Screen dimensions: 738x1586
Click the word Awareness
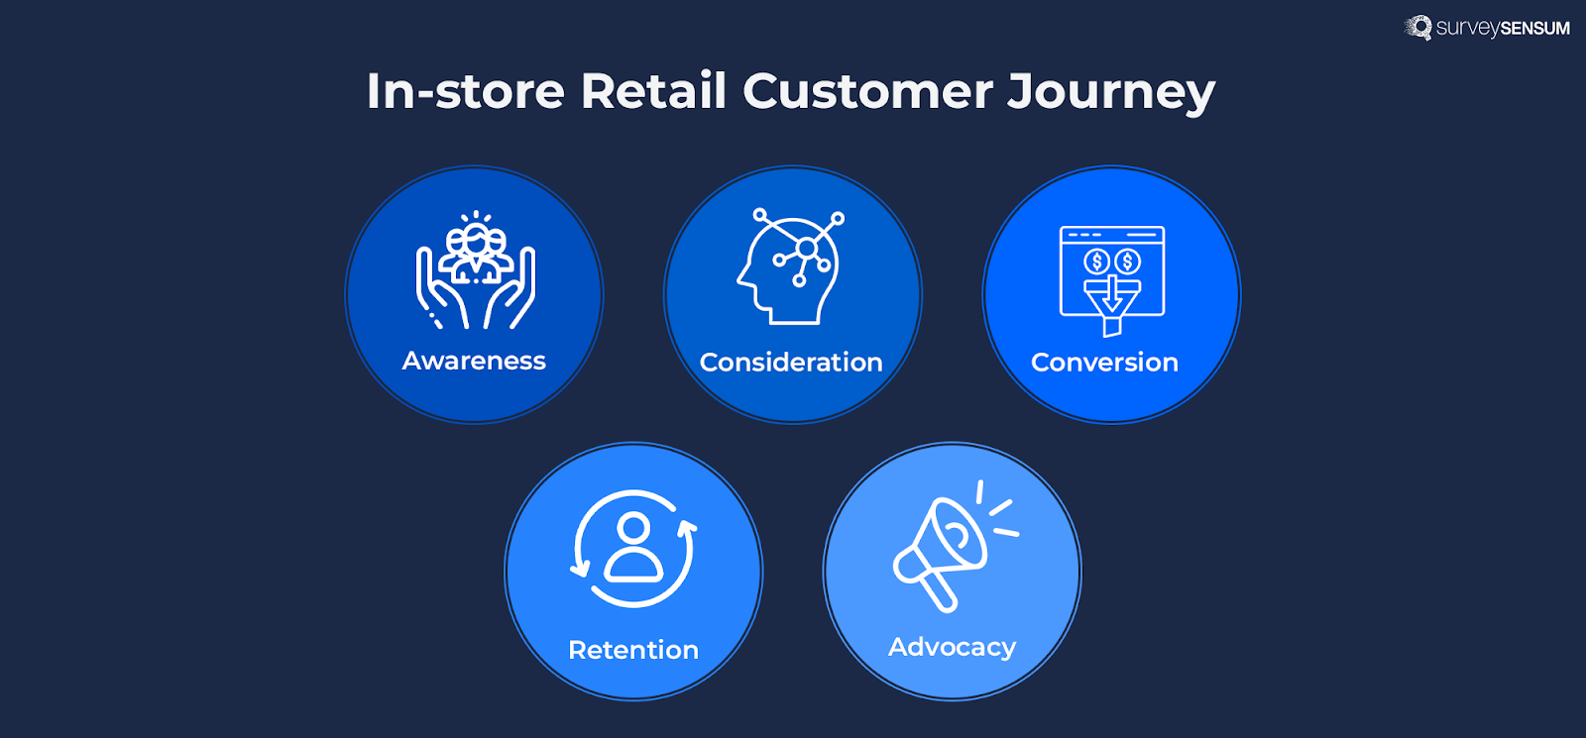(x=474, y=361)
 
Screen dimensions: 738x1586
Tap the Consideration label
(x=791, y=363)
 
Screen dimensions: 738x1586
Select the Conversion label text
(x=1104, y=363)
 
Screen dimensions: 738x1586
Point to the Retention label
(x=633, y=650)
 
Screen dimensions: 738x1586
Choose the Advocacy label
(x=952, y=647)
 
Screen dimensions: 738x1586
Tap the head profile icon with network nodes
(x=791, y=267)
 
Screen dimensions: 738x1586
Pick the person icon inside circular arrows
(x=633, y=547)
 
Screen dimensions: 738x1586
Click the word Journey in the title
(x=1110, y=91)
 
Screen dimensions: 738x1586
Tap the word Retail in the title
(x=653, y=91)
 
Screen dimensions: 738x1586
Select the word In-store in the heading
(x=465, y=91)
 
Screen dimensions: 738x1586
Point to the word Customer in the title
(x=867, y=91)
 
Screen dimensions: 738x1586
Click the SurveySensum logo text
(x=1502, y=28)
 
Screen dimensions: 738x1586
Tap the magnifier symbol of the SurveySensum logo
(x=1419, y=27)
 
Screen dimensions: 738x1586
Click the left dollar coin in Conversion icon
(x=1096, y=262)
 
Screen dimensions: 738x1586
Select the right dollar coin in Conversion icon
(x=1128, y=262)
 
